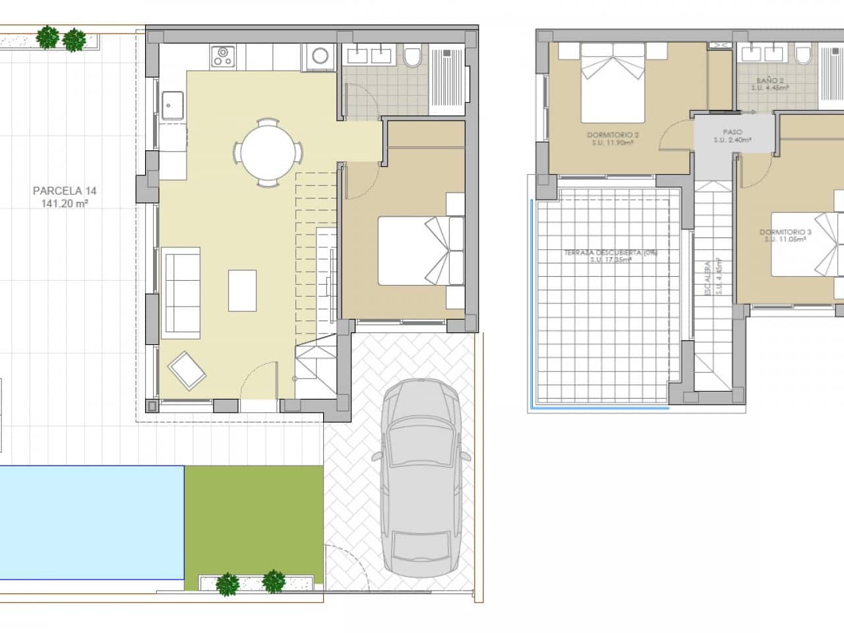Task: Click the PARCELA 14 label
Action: (x=65, y=191)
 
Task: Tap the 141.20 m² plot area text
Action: (x=65, y=204)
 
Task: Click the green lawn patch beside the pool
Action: (x=254, y=518)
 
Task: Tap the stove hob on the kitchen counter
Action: (x=223, y=57)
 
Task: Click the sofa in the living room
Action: (x=181, y=290)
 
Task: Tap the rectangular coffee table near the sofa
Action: (x=242, y=290)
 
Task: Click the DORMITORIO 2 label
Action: (x=613, y=135)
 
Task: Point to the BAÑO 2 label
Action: (x=770, y=80)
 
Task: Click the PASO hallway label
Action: (x=733, y=132)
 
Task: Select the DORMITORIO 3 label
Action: (x=785, y=232)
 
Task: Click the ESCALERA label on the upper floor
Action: (x=708, y=278)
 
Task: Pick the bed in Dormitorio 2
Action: (x=613, y=82)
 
